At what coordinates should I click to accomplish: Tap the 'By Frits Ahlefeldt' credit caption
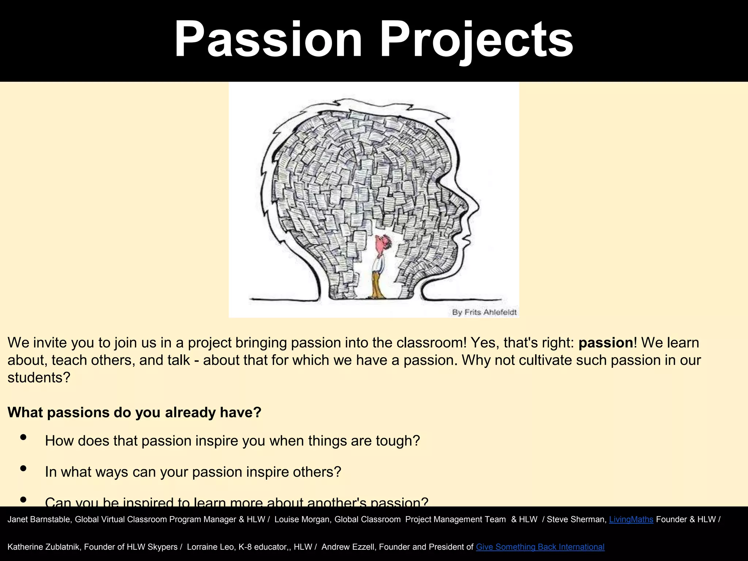click(x=484, y=312)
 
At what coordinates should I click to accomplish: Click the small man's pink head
click(x=384, y=243)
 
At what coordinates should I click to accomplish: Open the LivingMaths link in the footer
click(x=631, y=519)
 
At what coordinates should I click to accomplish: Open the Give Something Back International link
click(x=540, y=547)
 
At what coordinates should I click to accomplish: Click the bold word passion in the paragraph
click(x=606, y=343)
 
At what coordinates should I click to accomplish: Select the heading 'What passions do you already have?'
click(x=134, y=412)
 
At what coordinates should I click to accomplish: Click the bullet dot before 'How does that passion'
click(x=23, y=437)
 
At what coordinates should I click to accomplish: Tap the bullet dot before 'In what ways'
click(x=23, y=468)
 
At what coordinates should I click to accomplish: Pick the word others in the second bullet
click(x=317, y=472)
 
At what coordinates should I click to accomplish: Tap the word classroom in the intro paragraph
click(x=431, y=343)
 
